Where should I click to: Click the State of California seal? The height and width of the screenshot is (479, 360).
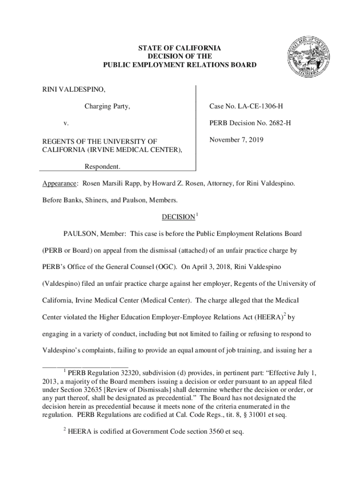tap(307, 57)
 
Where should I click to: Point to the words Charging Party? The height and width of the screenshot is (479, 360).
tap(107, 107)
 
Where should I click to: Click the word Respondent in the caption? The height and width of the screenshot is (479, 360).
tap(102, 167)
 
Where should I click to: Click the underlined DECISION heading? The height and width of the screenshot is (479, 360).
tap(178, 217)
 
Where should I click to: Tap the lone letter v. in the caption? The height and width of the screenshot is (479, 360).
tap(66, 123)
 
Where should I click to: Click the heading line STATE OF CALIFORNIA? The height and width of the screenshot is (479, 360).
tap(180, 49)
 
